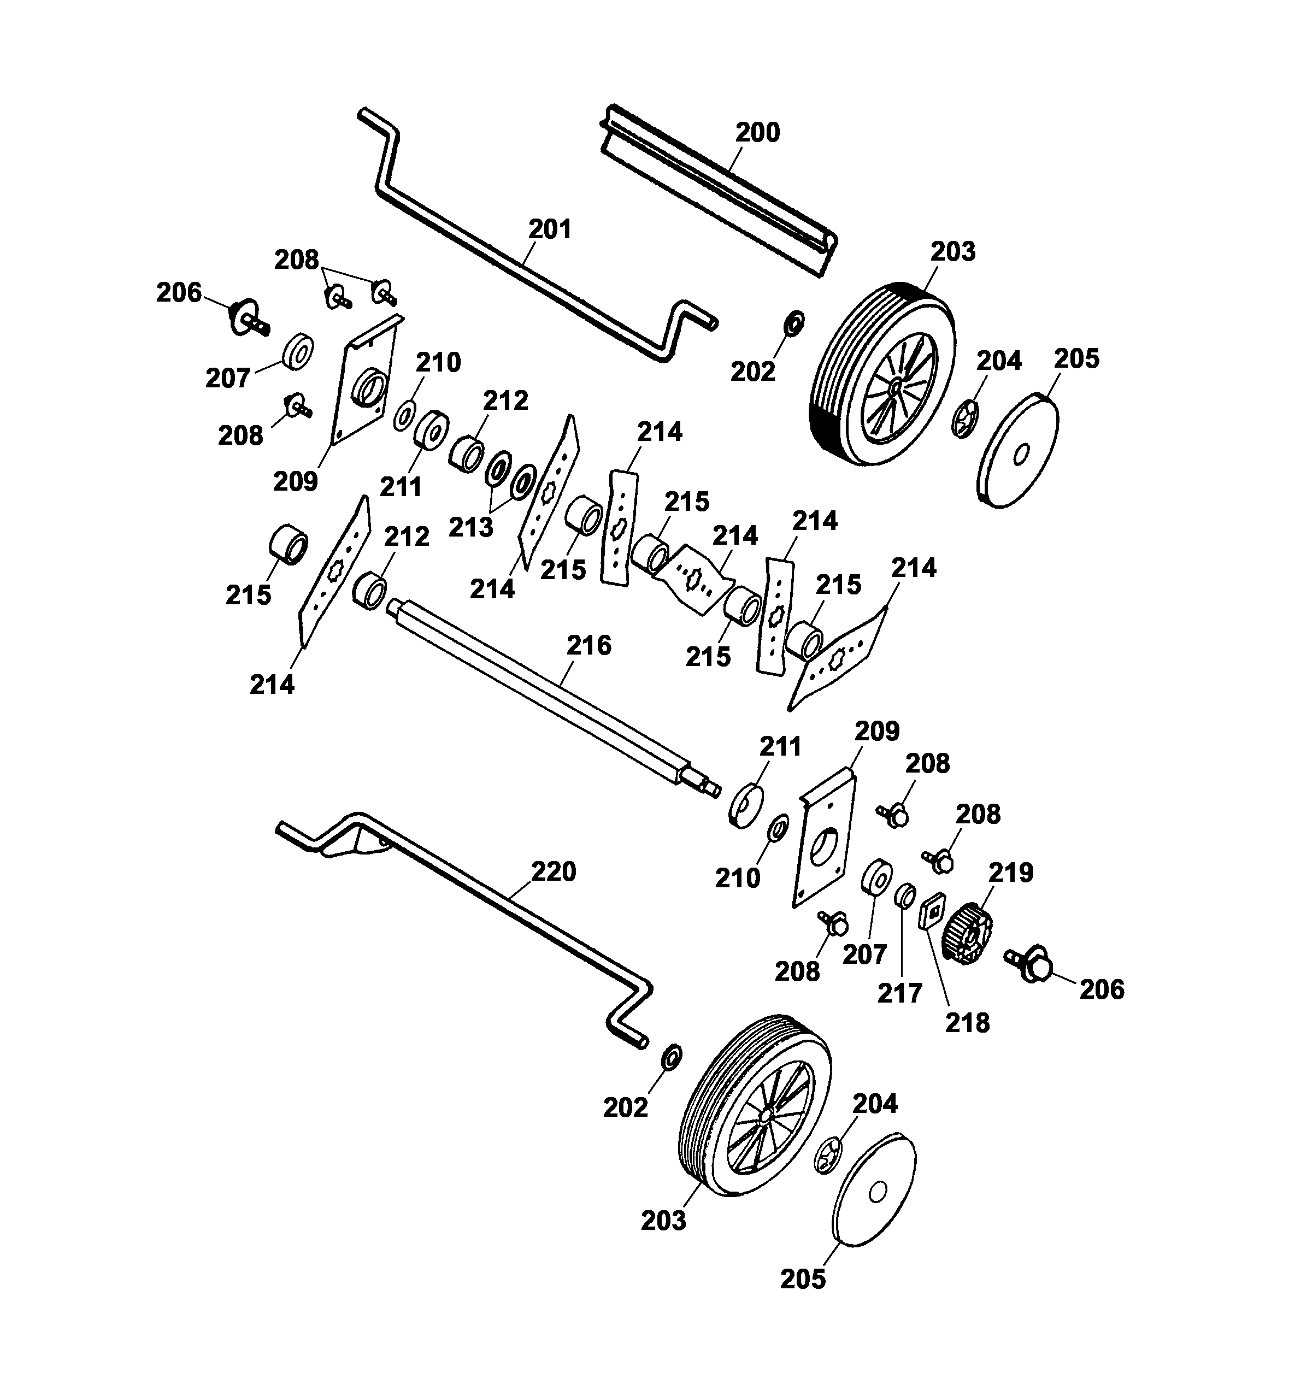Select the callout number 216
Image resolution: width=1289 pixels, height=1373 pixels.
[588, 645]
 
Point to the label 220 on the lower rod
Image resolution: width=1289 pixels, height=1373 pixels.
[554, 871]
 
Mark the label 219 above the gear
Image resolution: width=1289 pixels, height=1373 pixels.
[1011, 873]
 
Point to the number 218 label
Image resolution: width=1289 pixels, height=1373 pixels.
[967, 1022]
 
